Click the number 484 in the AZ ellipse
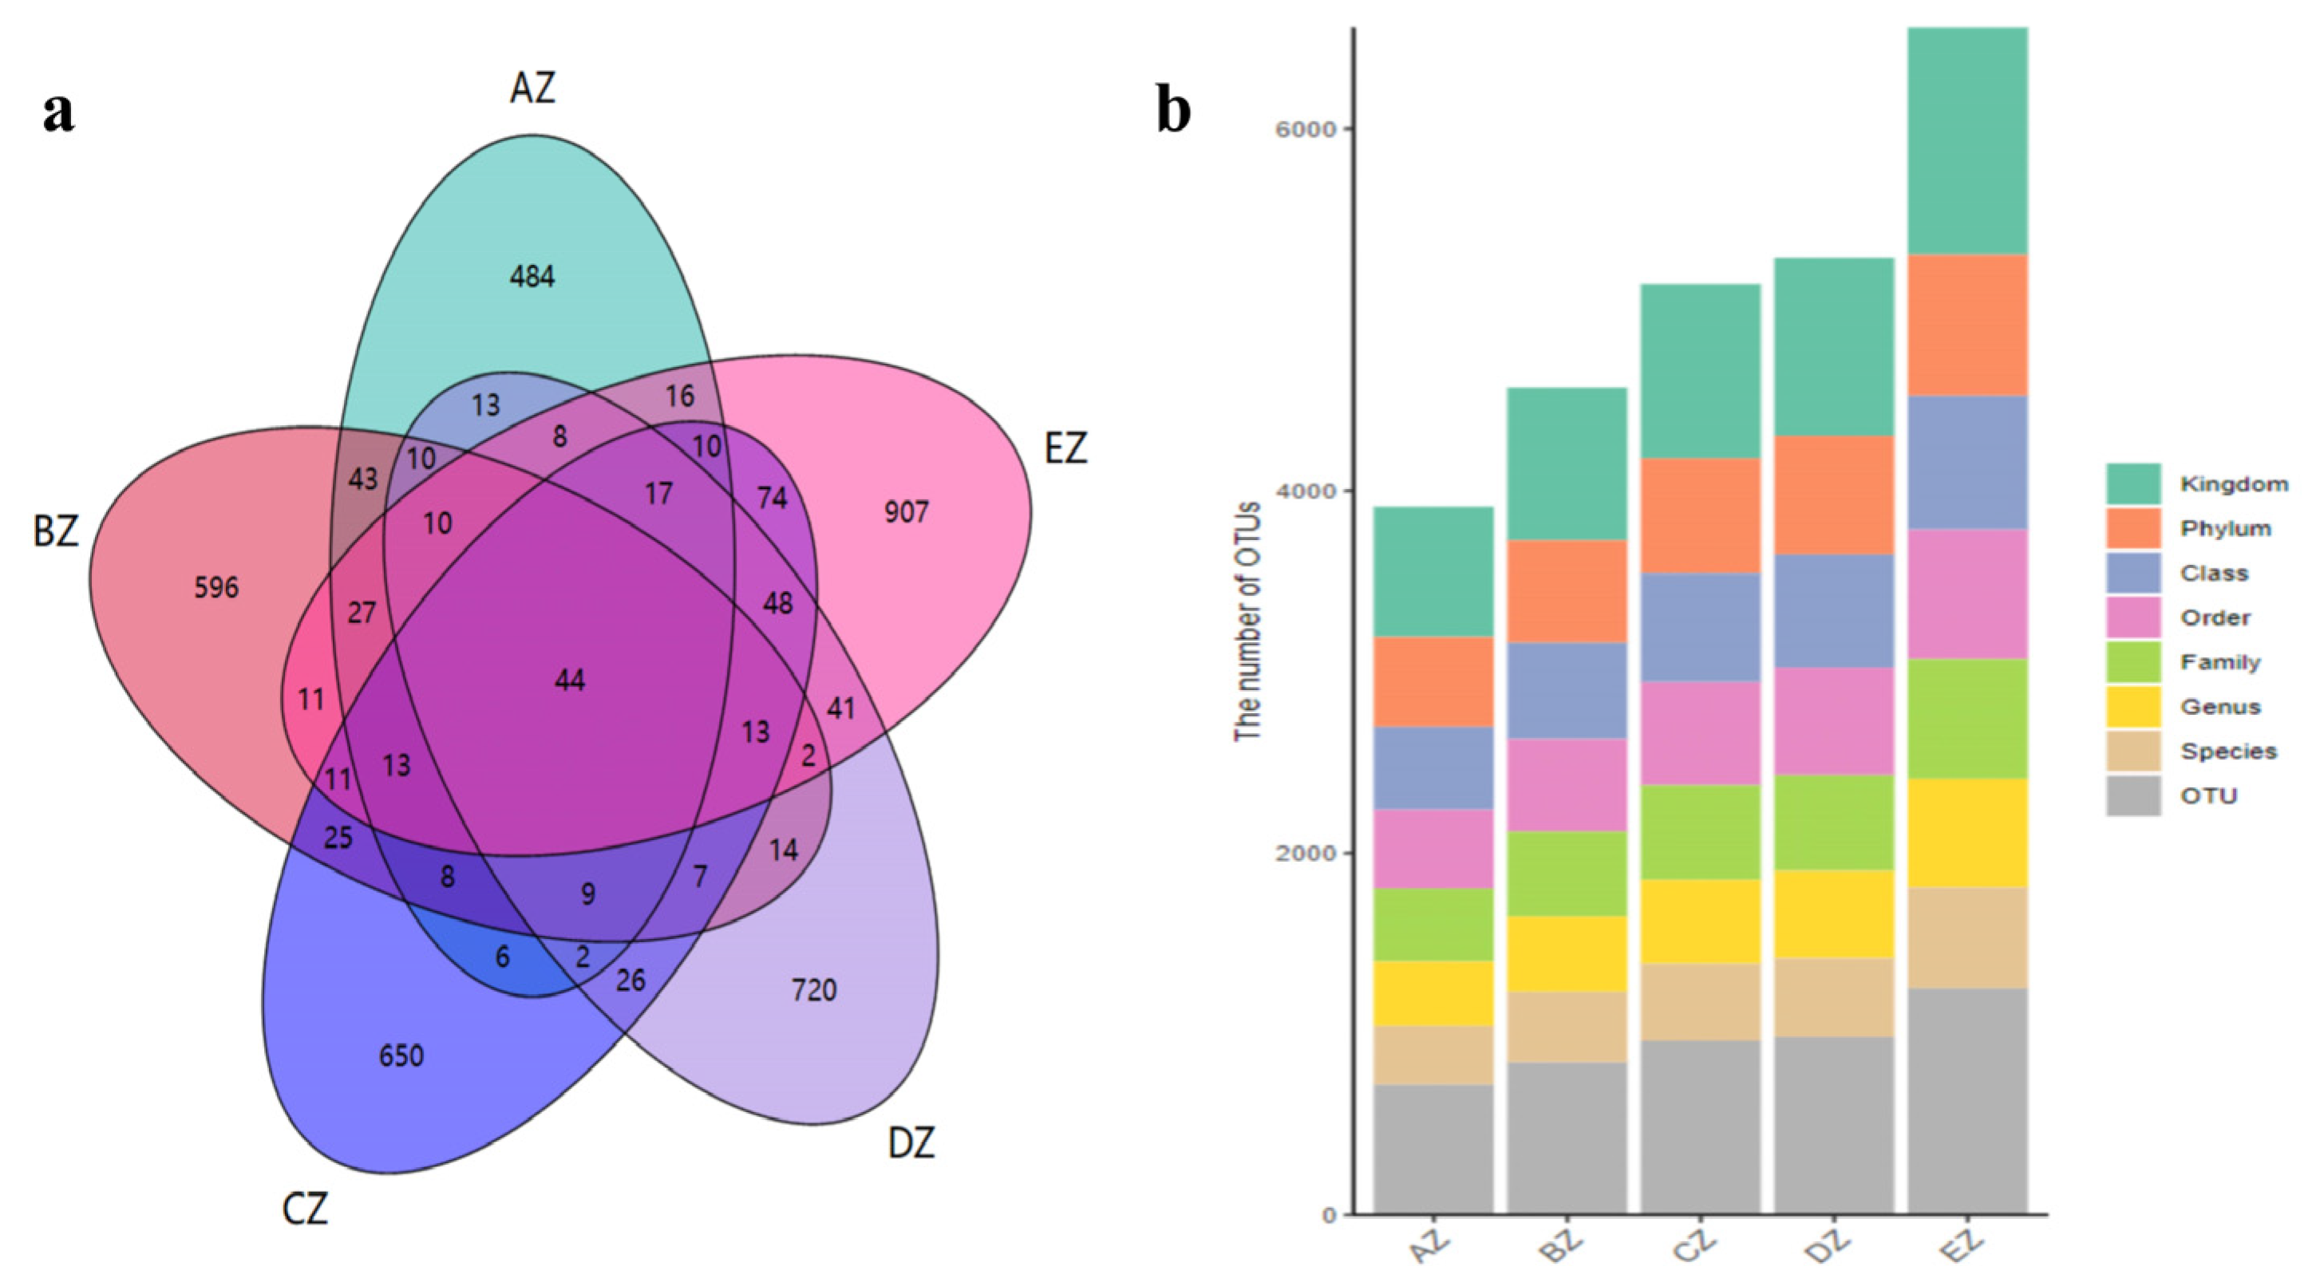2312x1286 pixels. click(x=532, y=276)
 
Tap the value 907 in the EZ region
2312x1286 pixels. click(x=906, y=512)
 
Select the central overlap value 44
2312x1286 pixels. click(x=570, y=680)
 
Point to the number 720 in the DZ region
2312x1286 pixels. click(x=814, y=990)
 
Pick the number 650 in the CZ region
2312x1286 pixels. click(x=401, y=1055)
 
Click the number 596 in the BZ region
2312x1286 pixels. click(x=216, y=588)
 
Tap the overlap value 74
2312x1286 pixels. click(x=772, y=497)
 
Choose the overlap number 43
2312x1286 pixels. click(x=362, y=479)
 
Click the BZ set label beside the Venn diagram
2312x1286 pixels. click(x=56, y=531)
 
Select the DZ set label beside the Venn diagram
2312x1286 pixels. click(x=911, y=1143)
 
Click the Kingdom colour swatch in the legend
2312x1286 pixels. click(x=2133, y=483)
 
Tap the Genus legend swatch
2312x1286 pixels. click(x=2133, y=706)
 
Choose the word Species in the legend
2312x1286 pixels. click(x=2228, y=751)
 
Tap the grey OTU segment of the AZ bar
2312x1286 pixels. click(x=1433, y=1149)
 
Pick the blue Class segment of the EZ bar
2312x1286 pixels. click(x=1967, y=462)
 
